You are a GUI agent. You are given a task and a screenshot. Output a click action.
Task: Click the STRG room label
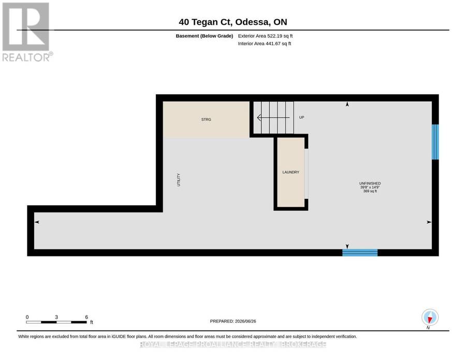point(206,120)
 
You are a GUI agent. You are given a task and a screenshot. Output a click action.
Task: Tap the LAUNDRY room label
point(290,172)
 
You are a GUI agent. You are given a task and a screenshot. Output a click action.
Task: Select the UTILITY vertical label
point(179,180)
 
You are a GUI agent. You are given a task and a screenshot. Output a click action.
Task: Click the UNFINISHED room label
point(370,183)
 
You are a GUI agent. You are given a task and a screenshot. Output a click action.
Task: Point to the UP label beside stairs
point(301,118)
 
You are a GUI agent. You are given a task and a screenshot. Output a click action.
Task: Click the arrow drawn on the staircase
point(273,118)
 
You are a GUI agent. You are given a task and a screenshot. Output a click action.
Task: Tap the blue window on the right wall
point(435,142)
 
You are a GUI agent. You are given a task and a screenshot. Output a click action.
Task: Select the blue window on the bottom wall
point(360,253)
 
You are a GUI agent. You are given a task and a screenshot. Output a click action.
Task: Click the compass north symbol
point(430,318)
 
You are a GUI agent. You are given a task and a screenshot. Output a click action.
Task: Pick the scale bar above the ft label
point(56,322)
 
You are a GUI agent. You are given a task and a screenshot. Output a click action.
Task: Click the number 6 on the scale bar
point(86,317)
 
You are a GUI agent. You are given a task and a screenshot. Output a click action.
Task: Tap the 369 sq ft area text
point(370,191)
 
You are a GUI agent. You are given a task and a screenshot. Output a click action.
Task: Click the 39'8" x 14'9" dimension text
point(370,188)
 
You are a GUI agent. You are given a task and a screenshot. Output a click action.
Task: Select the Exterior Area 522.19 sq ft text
point(265,36)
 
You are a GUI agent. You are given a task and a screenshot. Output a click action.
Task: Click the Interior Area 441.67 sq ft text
point(265,44)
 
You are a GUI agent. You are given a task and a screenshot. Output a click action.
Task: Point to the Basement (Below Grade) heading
point(204,36)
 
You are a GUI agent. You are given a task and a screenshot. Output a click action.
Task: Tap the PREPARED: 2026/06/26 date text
point(233,321)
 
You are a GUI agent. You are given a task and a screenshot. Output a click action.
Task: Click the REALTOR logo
point(27,32)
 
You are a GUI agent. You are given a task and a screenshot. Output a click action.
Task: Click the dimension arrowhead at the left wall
point(37,222)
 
